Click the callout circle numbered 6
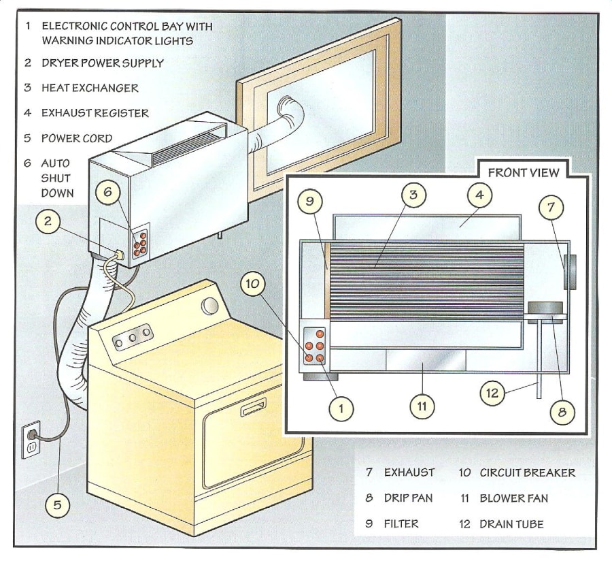(107, 192)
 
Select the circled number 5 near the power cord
(58, 504)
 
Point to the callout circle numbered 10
(253, 284)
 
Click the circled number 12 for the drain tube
(494, 392)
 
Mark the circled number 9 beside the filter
(310, 201)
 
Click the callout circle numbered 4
(479, 194)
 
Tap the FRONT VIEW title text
(524, 172)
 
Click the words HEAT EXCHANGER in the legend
(90, 88)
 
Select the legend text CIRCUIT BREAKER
(527, 472)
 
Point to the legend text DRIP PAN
(408, 498)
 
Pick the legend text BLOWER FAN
(513, 498)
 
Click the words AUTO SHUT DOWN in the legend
(57, 178)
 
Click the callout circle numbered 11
(422, 406)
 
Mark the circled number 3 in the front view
(413, 195)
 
